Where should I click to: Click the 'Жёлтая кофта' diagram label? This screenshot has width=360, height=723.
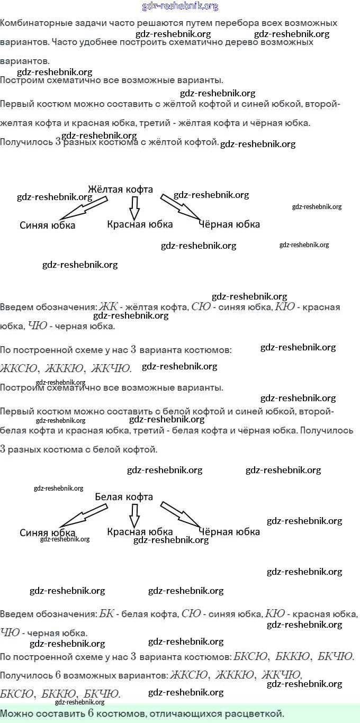point(120,189)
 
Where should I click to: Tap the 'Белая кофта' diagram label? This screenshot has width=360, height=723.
point(124,496)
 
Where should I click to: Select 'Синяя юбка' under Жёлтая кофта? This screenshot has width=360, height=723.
point(48,225)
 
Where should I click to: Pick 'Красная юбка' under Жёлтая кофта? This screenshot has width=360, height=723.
point(140,224)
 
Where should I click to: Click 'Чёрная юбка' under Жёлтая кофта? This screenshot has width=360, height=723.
point(229,224)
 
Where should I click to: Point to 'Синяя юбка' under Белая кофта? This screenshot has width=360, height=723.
point(48,532)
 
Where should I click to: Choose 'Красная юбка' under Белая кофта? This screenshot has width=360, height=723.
point(140,531)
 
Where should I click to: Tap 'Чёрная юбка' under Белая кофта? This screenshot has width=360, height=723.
point(229,531)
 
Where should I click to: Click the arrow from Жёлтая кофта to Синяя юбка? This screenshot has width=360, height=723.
point(83,208)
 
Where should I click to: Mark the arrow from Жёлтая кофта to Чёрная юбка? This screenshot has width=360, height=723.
point(180,207)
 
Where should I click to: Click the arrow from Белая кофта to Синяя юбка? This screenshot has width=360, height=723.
point(83,515)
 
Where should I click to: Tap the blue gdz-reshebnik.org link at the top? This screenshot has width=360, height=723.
point(180,6)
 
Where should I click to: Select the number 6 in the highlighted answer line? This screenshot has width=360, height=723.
point(91,712)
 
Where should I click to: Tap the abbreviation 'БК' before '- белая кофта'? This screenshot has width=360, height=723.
point(106,614)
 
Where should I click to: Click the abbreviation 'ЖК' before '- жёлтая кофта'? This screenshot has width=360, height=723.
point(108,307)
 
